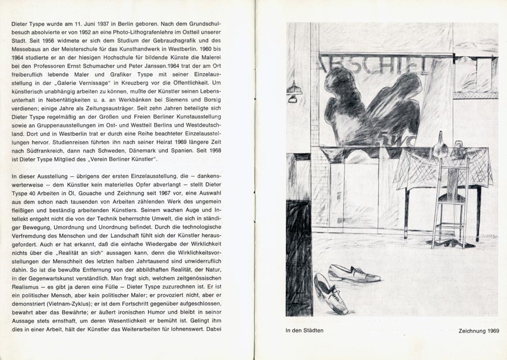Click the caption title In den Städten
tap(308, 331)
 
